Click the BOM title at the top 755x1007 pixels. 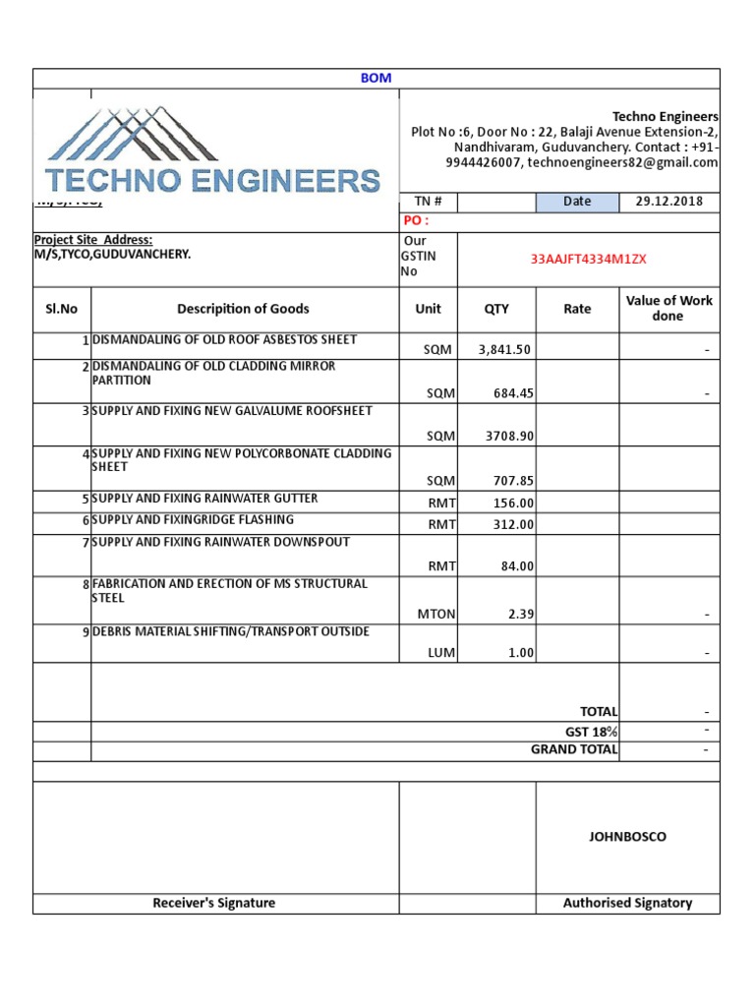pyautogui.click(x=376, y=78)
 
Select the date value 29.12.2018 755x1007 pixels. pyautogui.click(x=669, y=202)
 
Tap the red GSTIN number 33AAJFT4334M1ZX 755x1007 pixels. pyautogui.click(x=589, y=260)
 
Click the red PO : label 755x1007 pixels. pyautogui.click(x=416, y=220)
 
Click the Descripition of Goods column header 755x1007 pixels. pyautogui.click(x=243, y=309)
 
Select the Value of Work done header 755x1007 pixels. pyautogui.click(x=668, y=308)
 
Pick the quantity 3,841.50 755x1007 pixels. pyautogui.click(x=504, y=349)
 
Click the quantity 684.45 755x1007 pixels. pyautogui.click(x=513, y=393)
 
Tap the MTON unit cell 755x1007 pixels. pyautogui.click(x=436, y=614)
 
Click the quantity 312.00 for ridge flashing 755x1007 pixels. pyautogui.click(x=513, y=524)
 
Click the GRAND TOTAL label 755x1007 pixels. pyautogui.click(x=574, y=749)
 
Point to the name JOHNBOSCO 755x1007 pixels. pyautogui.click(x=627, y=837)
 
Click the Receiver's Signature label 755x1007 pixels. pyautogui.click(x=214, y=903)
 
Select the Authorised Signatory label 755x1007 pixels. pyautogui.click(x=627, y=903)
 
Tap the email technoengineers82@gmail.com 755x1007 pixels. pyautogui.click(x=622, y=163)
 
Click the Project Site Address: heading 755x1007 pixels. pyautogui.click(x=93, y=240)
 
